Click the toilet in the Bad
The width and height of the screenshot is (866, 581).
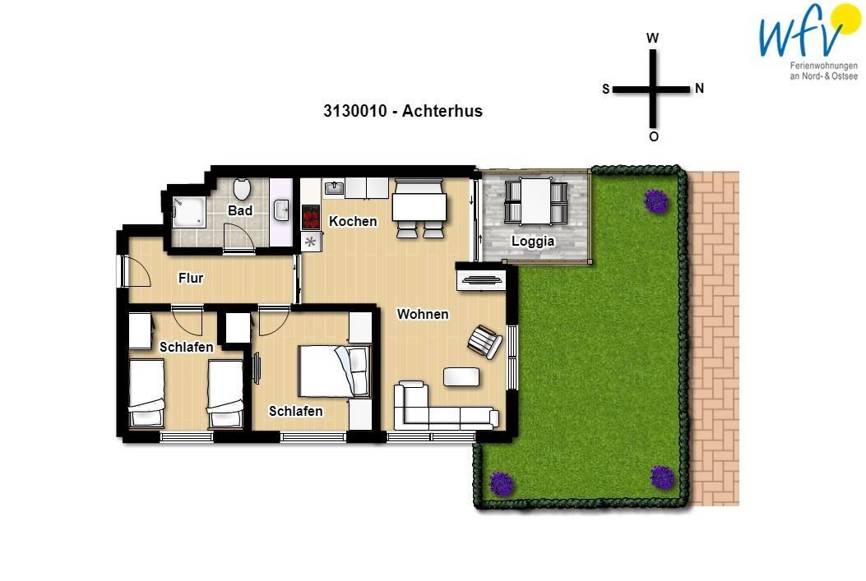(241, 189)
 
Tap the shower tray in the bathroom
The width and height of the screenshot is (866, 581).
(189, 212)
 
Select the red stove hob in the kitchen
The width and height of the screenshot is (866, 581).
(311, 217)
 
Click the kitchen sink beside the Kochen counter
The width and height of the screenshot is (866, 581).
(334, 189)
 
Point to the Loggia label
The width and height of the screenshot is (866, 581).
(532, 241)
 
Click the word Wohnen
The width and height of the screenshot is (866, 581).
(423, 314)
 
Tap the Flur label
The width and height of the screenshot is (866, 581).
(191, 278)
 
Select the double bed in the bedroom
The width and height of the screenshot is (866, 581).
(335, 371)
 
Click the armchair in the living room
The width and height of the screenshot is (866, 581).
(485, 342)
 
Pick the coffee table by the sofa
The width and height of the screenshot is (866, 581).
(461, 377)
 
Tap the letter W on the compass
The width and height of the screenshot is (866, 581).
(652, 38)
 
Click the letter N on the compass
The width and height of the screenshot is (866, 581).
(699, 88)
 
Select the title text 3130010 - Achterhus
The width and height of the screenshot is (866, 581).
(403, 111)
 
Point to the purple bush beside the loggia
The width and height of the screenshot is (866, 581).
(656, 201)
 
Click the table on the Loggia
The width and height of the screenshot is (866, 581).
(535, 201)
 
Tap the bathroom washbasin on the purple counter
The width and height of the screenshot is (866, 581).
(281, 210)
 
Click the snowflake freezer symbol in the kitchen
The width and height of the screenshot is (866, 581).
(310, 241)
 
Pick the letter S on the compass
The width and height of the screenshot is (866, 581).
(606, 89)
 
